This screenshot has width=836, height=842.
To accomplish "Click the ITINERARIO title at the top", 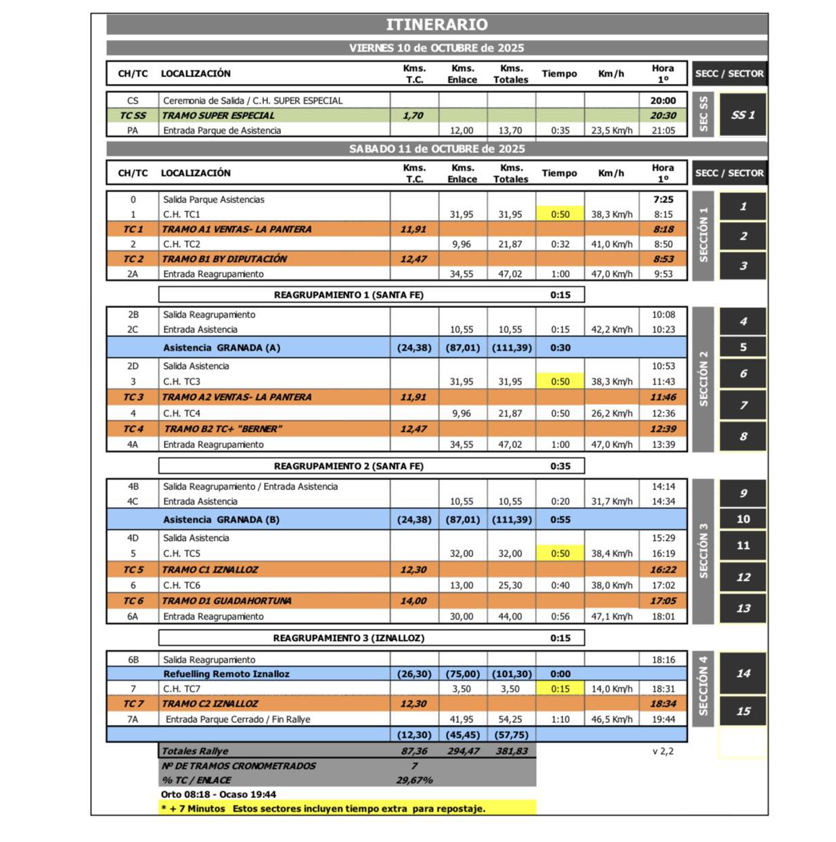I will pyautogui.click(x=437, y=24).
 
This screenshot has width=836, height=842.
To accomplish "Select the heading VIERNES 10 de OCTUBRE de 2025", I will pyautogui.click(x=437, y=48).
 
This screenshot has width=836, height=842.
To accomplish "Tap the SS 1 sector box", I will pyautogui.click(x=743, y=115).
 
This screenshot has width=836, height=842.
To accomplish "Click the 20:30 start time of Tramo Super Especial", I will pyautogui.click(x=663, y=116).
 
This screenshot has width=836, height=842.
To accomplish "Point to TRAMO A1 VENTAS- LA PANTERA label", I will pyautogui.click(x=236, y=229).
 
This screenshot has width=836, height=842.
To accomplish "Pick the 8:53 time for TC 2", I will pyautogui.click(x=663, y=259).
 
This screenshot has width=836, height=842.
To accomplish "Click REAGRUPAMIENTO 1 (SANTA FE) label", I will pyautogui.click(x=349, y=295).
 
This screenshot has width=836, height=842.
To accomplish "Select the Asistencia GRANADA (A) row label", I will pyautogui.click(x=221, y=348).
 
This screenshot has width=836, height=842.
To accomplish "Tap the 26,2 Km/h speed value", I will pyautogui.click(x=611, y=414).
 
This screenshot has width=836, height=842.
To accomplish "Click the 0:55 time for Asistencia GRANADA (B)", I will pyautogui.click(x=560, y=520).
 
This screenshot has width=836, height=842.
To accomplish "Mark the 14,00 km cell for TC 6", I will pyautogui.click(x=413, y=601).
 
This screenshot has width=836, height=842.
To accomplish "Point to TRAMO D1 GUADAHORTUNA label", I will pyautogui.click(x=226, y=601).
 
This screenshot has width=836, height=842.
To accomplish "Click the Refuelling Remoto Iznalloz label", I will pyautogui.click(x=226, y=674).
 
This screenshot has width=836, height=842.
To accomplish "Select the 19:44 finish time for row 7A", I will pyautogui.click(x=663, y=719).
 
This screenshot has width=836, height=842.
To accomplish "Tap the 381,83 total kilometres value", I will pyautogui.click(x=511, y=751).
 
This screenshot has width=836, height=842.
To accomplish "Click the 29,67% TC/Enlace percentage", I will pyautogui.click(x=414, y=780).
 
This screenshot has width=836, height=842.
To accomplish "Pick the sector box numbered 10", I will pyautogui.click(x=743, y=519).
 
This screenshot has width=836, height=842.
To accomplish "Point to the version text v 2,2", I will pyautogui.click(x=663, y=751).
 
